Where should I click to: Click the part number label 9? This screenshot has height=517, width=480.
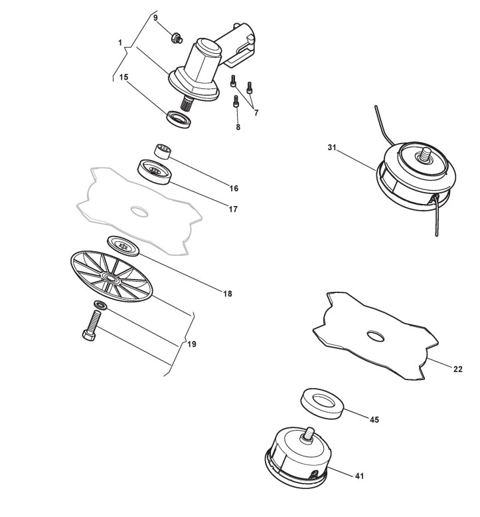coord(155,18)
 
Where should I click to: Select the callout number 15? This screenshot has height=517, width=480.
coord(124,77)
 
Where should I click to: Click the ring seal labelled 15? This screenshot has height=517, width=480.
coord(179,120)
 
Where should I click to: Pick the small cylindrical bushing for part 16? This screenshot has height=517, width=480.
coord(163,151)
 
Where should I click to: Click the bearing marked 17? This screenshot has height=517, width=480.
coord(155,171)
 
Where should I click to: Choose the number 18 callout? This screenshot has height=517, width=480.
coord(228,292)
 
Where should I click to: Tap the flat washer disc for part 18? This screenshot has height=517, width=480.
coord(123,245)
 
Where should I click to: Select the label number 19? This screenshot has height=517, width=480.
coord(192,344)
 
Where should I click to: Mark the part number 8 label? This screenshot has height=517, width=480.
coord(238,127)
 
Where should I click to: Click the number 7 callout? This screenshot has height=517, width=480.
coord(256,112)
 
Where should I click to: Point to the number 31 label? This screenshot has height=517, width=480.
coord(332,148)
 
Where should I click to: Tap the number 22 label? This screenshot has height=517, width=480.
coord(457,369)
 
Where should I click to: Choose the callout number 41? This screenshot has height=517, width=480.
coord(359,476)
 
